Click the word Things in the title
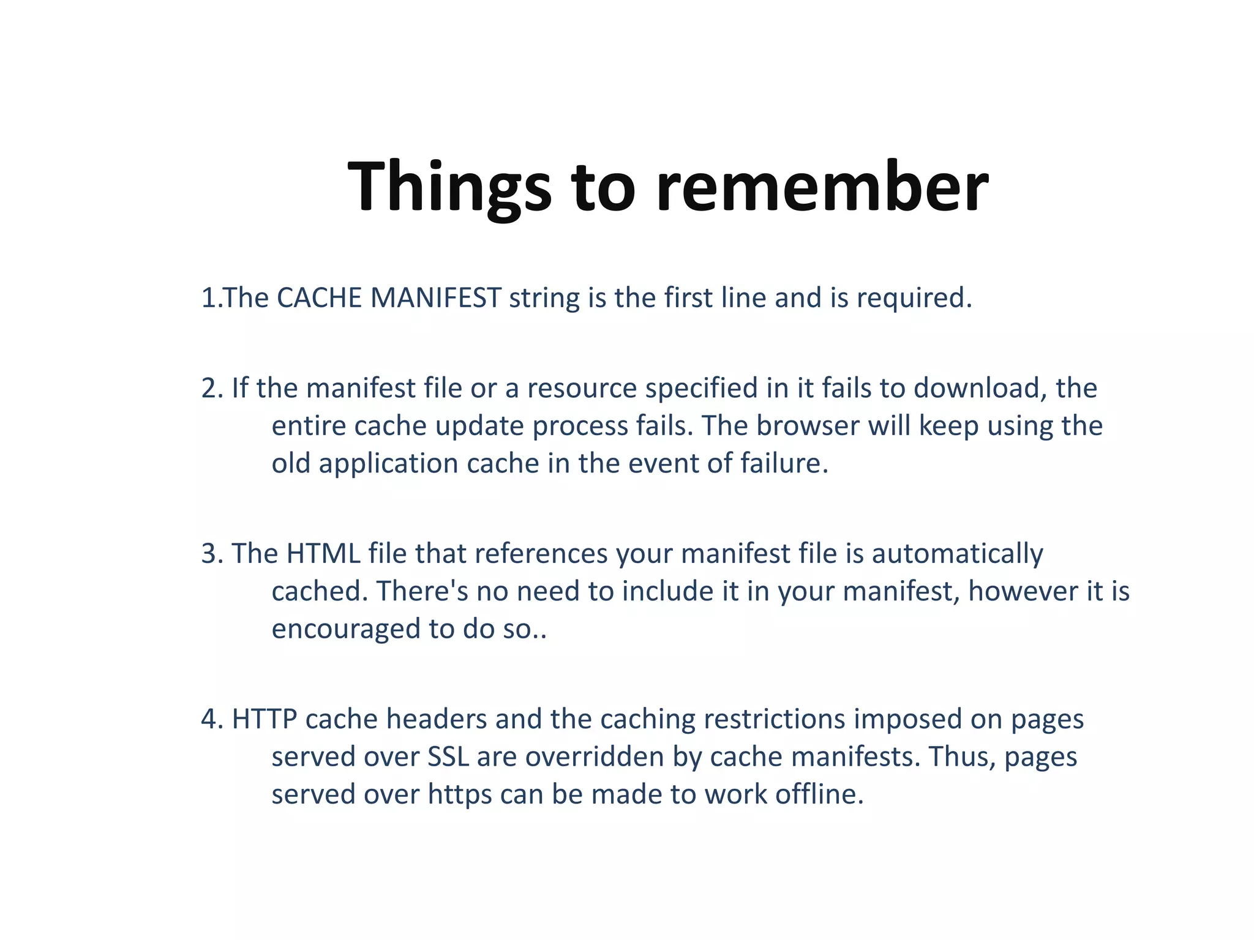pyautogui.click(x=449, y=187)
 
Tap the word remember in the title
pyautogui.click(x=822, y=187)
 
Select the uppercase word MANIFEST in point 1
pyautogui.click(x=436, y=298)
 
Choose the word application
pyautogui.click(x=389, y=463)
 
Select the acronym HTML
pyautogui.click(x=323, y=553)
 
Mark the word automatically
pyautogui.click(x=957, y=554)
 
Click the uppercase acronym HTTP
pyautogui.click(x=265, y=719)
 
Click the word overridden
pyautogui.click(x=595, y=757)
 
